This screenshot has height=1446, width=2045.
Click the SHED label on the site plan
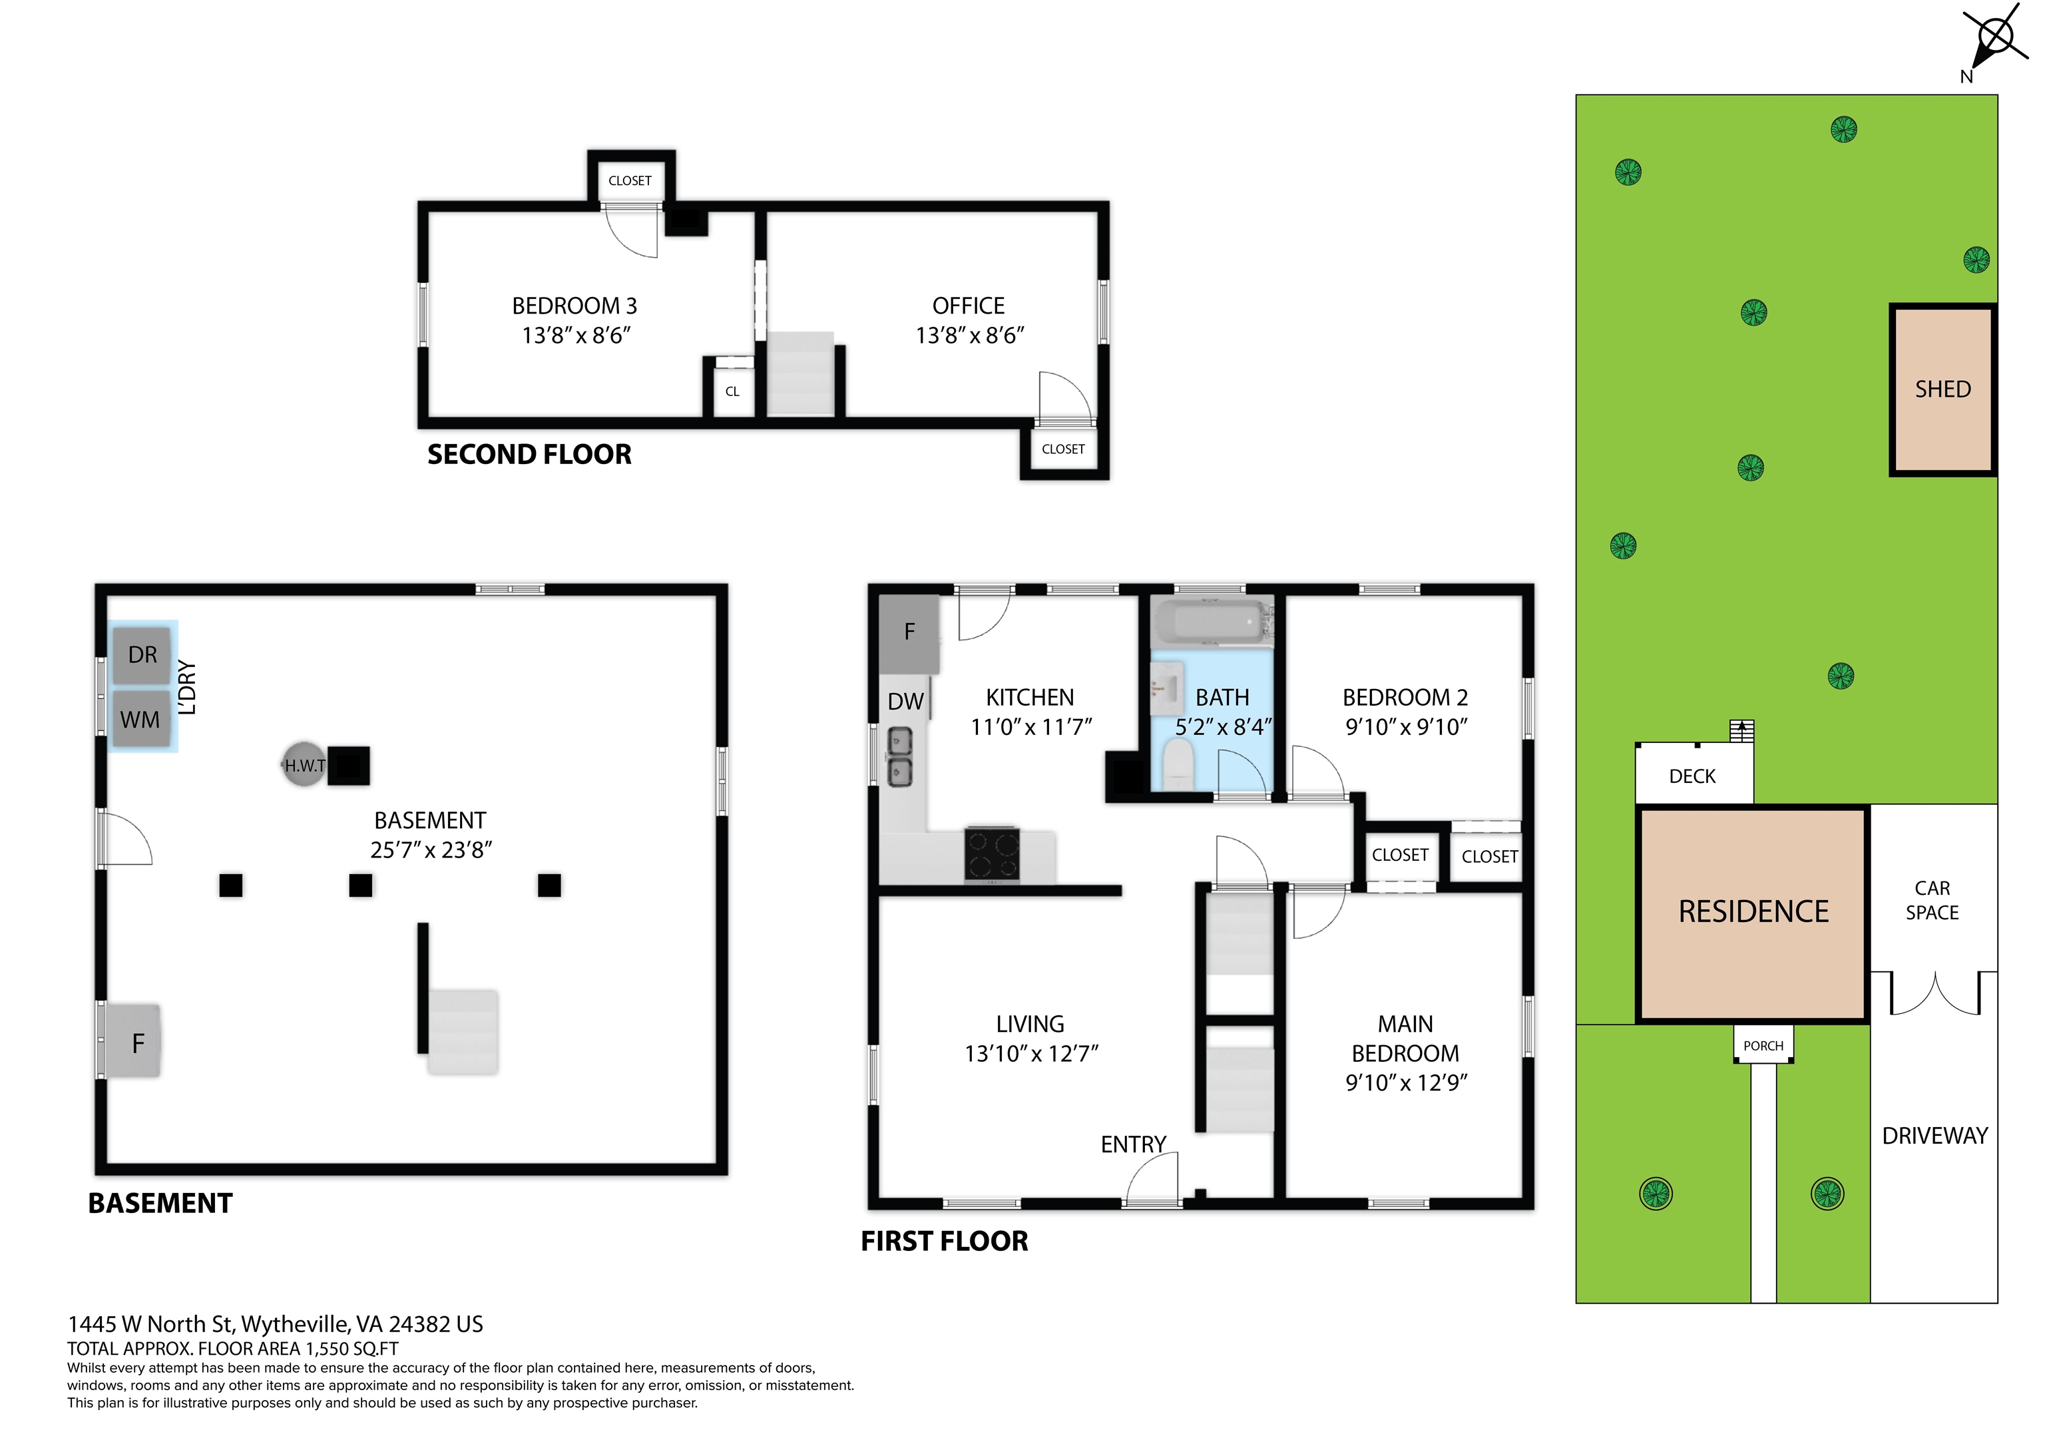pos(1942,389)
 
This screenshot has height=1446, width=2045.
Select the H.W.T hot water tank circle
pos(304,764)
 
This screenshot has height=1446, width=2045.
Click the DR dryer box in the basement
pos(142,655)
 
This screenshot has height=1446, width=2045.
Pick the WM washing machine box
pos(140,718)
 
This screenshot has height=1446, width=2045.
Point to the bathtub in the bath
pos(1210,621)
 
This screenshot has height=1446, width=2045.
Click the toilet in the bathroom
pos(1178,766)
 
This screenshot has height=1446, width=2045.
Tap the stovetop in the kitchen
pos(991,853)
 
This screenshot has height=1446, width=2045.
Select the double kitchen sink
pos(899,756)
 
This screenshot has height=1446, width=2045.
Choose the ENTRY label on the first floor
pos(1133,1144)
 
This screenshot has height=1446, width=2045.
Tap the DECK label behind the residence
pos(1692,776)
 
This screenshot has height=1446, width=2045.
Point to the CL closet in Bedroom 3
pos(732,391)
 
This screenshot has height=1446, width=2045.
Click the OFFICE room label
pos(968,306)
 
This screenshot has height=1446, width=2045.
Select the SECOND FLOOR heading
pos(529,455)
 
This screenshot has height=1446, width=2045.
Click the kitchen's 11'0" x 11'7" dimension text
pos(1030,727)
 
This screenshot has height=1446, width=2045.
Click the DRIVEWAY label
pos(1934,1136)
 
